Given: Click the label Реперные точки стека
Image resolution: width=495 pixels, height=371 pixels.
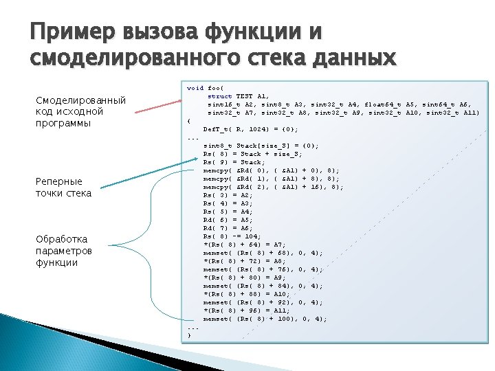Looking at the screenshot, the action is (63, 187).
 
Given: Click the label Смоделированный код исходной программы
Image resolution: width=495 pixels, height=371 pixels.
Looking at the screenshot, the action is (80, 112).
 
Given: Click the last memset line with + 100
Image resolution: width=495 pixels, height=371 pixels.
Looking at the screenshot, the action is (265, 319).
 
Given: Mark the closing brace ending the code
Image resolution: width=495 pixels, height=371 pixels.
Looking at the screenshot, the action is (190, 335).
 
